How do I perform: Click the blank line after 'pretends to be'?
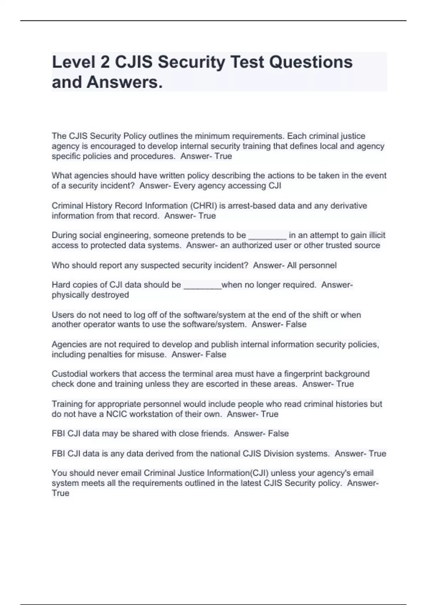coord(267,236)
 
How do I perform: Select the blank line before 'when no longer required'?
coord(202,285)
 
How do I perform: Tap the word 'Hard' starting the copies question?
coord(61,285)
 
